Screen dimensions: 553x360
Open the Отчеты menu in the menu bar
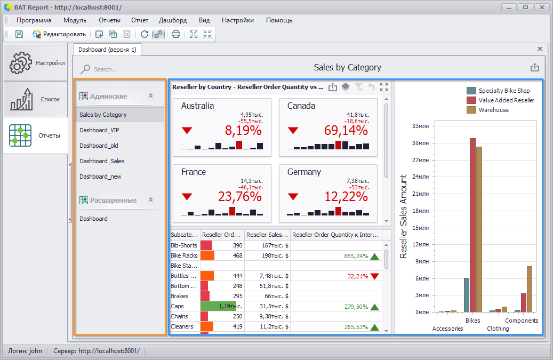[x=109, y=20]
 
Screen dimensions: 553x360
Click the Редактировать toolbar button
[x=59, y=34]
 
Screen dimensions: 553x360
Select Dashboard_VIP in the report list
[x=99, y=130]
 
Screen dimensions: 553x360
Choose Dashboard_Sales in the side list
[x=101, y=161]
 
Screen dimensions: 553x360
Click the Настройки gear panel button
[x=36, y=63]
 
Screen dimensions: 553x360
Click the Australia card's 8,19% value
[x=243, y=131]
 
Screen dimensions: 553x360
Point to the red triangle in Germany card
[x=293, y=196]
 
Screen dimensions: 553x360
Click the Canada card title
[x=301, y=106]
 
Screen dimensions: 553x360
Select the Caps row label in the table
[x=177, y=306]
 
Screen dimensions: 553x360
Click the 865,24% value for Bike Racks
[x=356, y=256]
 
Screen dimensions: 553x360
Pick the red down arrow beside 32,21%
[x=374, y=276]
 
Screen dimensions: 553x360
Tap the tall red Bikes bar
[x=472, y=225]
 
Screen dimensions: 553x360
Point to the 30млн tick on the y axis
[x=420, y=143]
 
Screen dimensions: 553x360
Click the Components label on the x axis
[x=521, y=321]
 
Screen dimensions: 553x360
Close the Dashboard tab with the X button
[x=540, y=49]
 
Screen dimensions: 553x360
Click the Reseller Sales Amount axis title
[x=404, y=216]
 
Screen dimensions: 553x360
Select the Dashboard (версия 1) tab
[x=107, y=50]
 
